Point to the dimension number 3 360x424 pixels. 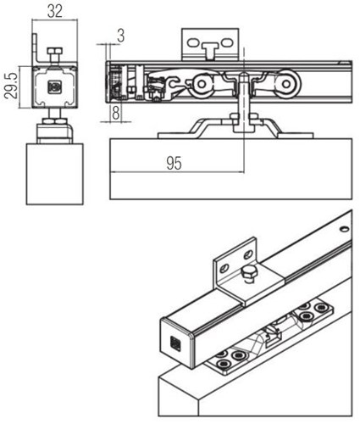click(121, 35)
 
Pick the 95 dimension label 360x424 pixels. click(174, 164)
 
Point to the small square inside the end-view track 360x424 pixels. click(55, 86)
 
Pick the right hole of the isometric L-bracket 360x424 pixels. click(248, 254)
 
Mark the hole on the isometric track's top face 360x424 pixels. click(342, 227)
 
